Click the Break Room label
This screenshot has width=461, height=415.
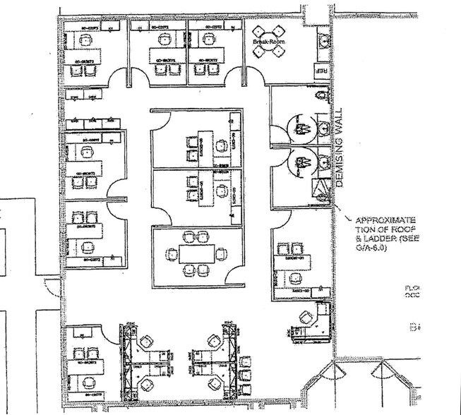click(x=268, y=43)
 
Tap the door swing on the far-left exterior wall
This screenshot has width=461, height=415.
click(x=51, y=285)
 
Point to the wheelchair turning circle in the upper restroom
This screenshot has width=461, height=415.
click(x=298, y=128)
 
